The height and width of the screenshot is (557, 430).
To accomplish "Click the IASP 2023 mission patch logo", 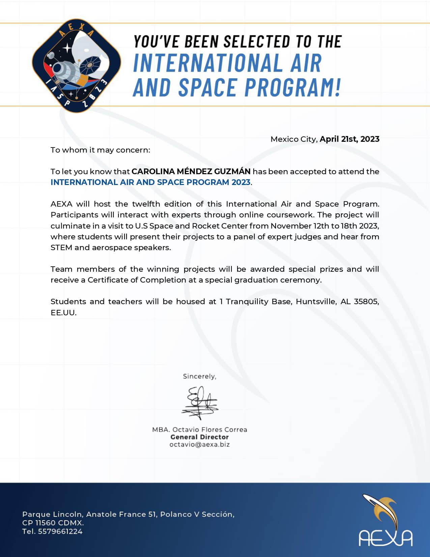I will [x=77, y=65].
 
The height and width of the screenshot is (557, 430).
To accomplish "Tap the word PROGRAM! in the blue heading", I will [x=292, y=87].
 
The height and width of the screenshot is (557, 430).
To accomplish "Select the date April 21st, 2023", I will [x=349, y=139].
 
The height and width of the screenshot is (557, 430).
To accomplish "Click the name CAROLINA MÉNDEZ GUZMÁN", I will [x=191, y=171].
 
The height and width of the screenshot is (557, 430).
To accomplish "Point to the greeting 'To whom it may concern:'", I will [x=100, y=150].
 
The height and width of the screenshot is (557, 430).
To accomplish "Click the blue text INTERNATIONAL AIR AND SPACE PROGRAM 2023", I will [x=150, y=182].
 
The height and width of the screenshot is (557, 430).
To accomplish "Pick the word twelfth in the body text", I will [x=146, y=204].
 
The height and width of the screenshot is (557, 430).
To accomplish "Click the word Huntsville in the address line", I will [x=316, y=301].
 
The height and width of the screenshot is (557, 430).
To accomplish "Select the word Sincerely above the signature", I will [x=199, y=376].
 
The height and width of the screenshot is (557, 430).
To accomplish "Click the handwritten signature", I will [x=200, y=403].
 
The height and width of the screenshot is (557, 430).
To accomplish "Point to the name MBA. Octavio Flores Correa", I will [x=200, y=430].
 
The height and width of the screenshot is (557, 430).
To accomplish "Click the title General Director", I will [x=200, y=437].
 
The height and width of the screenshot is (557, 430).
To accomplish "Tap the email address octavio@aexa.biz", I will [x=200, y=445].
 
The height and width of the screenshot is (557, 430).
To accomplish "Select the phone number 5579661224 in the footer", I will [x=60, y=531].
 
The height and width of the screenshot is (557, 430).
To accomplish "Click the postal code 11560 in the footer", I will [x=46, y=523].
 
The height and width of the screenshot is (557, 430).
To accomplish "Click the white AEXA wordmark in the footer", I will [x=385, y=538].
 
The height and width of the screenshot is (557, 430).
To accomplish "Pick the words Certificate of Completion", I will [x=137, y=280].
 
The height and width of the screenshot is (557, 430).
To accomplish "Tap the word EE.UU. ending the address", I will [x=63, y=313].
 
